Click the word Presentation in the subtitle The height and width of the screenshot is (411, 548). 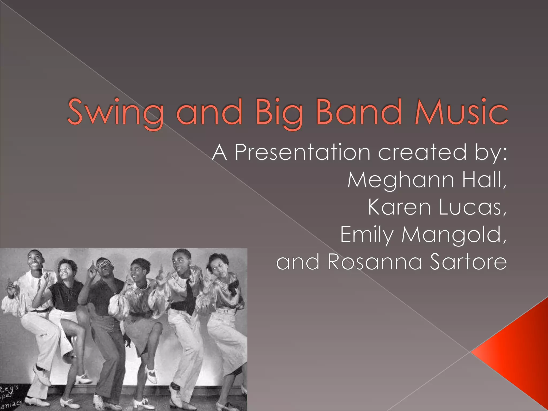(302, 152)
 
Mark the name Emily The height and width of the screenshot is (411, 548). (367, 235)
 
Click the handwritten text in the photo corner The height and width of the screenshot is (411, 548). (11, 396)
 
